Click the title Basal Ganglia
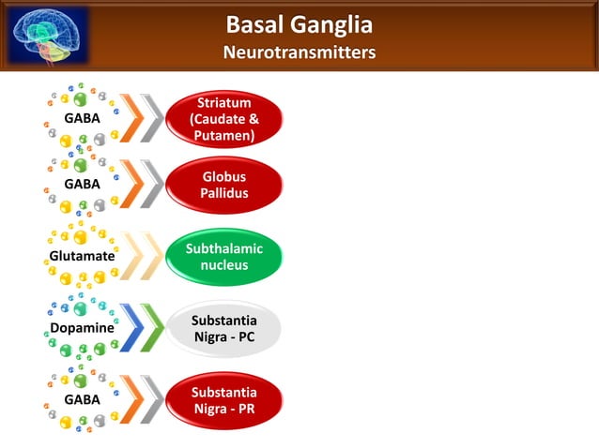[299, 25]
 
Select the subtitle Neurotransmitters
[299, 53]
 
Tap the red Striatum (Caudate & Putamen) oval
[224, 119]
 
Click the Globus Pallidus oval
[224, 185]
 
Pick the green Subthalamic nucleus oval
[224, 257]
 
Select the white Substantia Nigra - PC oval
[224, 329]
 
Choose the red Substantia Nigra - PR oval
[224, 400]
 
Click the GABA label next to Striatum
[82, 119]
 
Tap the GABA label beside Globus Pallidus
[82, 185]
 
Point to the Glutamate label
[82, 256]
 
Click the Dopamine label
[82, 329]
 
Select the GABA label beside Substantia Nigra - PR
[82, 399]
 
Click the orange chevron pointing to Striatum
[131, 119]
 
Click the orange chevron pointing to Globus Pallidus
[131, 185]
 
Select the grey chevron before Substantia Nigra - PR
[152, 400]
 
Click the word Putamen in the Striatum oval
[224, 135]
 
